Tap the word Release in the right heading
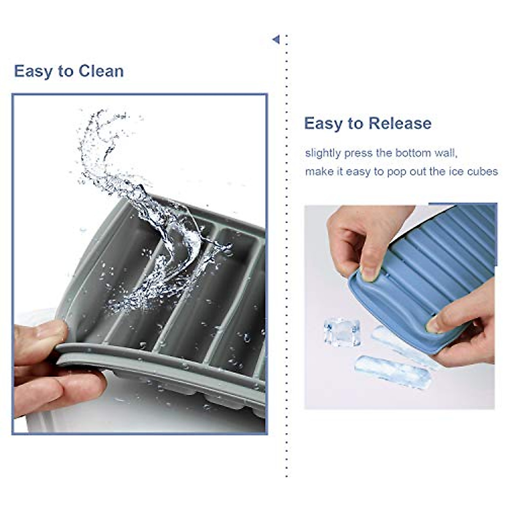pos(400,124)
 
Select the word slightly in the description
pos(323,153)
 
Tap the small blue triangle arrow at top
pos(276,40)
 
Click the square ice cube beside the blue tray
pos(342,332)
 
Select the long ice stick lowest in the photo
pos(392,371)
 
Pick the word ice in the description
pos(457,172)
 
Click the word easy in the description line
pos(356,172)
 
